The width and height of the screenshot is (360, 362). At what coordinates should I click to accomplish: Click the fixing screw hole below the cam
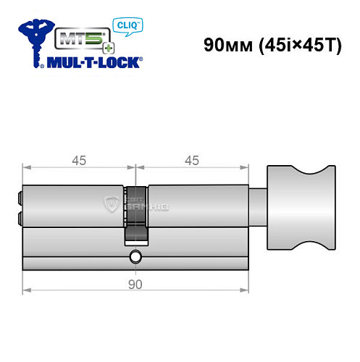point(135,257)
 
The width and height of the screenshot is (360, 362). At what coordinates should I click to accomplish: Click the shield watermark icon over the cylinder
point(113,203)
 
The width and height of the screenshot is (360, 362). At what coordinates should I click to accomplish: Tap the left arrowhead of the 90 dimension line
point(25,292)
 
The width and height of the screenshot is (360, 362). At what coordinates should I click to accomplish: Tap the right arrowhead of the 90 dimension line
point(246,292)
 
